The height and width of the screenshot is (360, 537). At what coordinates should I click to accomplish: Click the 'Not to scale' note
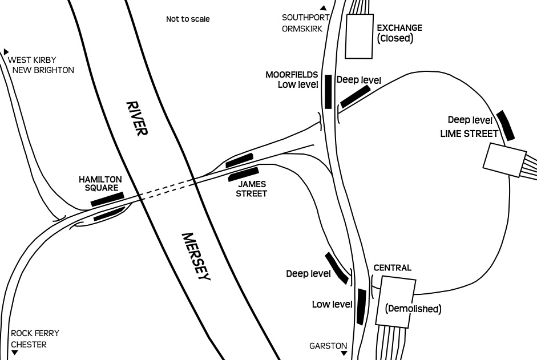[188, 19]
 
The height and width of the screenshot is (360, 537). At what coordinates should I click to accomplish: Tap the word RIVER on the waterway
[137, 118]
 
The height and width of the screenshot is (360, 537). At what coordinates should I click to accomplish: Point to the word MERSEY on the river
[196, 257]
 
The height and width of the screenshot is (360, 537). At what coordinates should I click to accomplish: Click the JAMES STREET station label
[251, 189]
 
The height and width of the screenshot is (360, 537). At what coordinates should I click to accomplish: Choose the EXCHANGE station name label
[399, 28]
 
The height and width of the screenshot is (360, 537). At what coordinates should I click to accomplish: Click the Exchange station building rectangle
[359, 37]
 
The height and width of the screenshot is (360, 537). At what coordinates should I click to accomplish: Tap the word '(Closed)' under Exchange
[395, 38]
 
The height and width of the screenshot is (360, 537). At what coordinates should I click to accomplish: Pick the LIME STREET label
[469, 134]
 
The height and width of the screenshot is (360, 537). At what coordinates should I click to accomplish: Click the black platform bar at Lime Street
[506, 126]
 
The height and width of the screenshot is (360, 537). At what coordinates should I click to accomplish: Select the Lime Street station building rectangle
[504, 160]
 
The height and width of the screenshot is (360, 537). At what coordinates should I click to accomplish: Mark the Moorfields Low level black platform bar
[328, 92]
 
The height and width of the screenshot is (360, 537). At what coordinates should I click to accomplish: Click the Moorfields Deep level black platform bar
[356, 96]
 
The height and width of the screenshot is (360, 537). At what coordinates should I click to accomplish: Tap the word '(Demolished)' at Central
[413, 309]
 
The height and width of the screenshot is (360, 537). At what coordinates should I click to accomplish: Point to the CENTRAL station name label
[393, 268]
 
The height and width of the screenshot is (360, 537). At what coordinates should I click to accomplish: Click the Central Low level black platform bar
[361, 306]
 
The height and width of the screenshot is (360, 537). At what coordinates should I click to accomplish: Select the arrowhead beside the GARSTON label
[344, 353]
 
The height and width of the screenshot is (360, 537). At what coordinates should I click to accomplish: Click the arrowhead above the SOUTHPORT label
[323, 8]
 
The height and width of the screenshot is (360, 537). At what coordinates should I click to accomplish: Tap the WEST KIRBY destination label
[32, 60]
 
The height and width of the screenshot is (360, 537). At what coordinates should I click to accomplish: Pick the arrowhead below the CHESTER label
[14, 353]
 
